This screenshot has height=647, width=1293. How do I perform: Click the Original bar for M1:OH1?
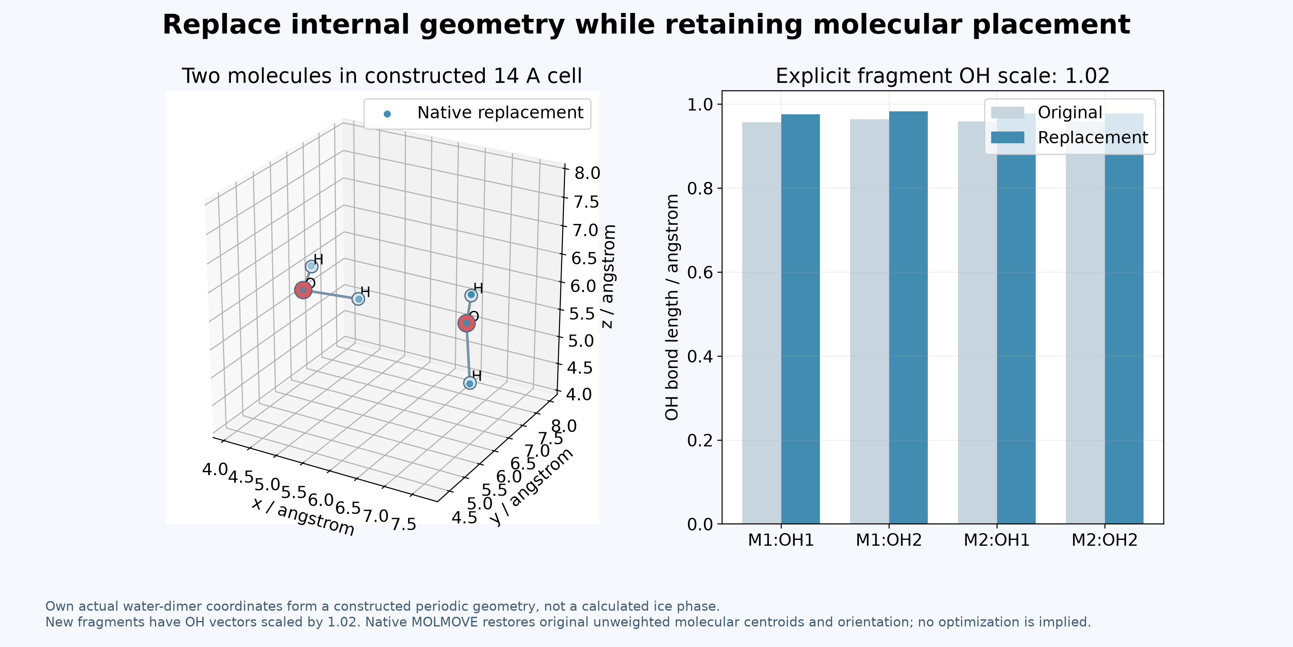coord(762,323)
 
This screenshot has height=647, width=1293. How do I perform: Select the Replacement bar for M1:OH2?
coord(908,318)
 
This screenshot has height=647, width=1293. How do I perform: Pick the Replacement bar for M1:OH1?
coord(800,319)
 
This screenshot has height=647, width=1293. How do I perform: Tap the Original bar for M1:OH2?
coord(869,321)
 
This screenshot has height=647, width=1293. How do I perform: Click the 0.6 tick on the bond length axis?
coord(700,273)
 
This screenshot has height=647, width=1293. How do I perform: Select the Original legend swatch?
coord(1008,113)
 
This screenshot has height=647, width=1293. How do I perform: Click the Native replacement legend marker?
coord(387,114)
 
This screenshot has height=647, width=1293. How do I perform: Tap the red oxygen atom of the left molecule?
coord(303,290)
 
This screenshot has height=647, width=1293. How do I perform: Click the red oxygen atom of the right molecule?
coord(466,323)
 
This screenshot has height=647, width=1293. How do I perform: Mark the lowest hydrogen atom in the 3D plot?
coord(469,383)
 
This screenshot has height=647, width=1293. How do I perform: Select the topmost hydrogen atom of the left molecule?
coord(311,266)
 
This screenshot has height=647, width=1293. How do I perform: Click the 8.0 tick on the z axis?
coord(587,173)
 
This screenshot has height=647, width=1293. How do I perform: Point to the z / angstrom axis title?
coord(608,277)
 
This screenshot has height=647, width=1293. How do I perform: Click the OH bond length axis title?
coord(672,308)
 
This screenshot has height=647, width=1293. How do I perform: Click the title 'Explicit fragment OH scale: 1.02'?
coord(942,76)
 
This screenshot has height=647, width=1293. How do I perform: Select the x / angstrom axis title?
coord(303,516)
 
